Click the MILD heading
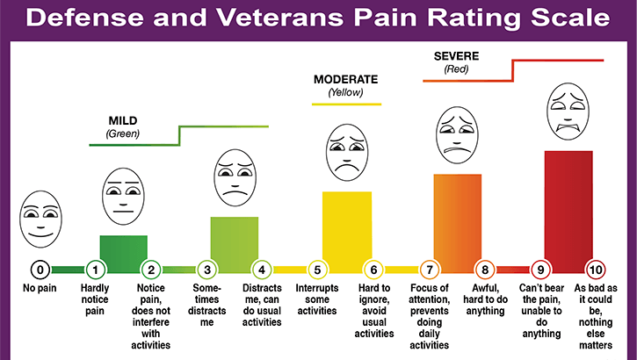click(124, 120)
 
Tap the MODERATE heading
click(346, 79)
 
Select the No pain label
click(40, 287)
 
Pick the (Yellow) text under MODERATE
click(346, 92)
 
